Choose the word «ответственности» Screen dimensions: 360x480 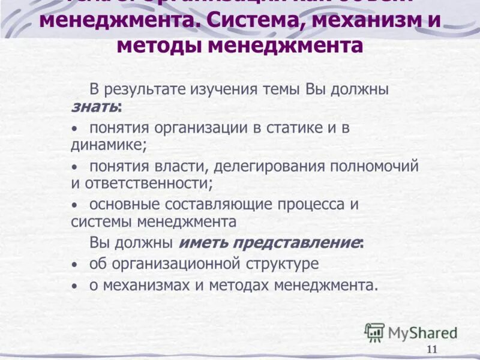coord(150,183)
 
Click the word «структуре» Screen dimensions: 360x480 coord(283,263)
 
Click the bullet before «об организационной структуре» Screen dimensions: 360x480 coord(74,265)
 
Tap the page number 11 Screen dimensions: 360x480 coord(432,350)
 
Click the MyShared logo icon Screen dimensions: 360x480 coord(375,332)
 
